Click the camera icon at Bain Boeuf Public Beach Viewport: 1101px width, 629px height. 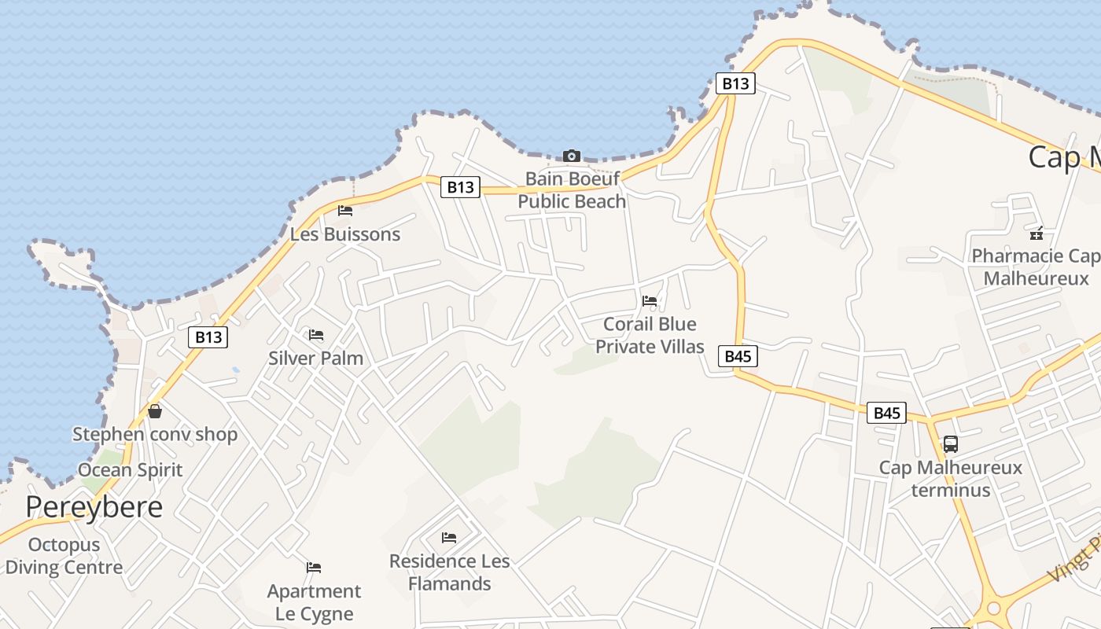coord(572,156)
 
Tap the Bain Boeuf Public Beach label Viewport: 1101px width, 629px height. coord(572,190)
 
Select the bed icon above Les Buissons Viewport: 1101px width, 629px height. coord(344,210)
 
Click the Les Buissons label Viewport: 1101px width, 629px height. coord(344,234)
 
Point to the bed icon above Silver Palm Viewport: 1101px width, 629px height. coord(316,335)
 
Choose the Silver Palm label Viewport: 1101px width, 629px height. coord(315,359)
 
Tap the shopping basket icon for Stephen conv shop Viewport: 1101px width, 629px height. coord(155,411)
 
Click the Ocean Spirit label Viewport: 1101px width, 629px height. coord(130,470)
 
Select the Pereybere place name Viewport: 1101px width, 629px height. coord(94,507)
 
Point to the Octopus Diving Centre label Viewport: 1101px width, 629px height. coord(64,556)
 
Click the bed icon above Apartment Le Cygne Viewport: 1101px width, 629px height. coord(314,567)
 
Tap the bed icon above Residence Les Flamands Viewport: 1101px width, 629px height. coord(449,538)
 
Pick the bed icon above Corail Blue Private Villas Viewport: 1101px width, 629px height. coord(650,300)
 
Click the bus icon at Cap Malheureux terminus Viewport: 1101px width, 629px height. coord(950,444)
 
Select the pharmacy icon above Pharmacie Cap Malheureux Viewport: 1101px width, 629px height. coord(1037,233)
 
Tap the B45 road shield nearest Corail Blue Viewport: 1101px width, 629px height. coord(738,356)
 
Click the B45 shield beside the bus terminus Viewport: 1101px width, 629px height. coord(886,413)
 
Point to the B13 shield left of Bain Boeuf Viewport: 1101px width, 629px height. coord(460,186)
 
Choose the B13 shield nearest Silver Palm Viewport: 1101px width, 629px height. coord(208,337)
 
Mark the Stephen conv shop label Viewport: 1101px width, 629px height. coord(155,434)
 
